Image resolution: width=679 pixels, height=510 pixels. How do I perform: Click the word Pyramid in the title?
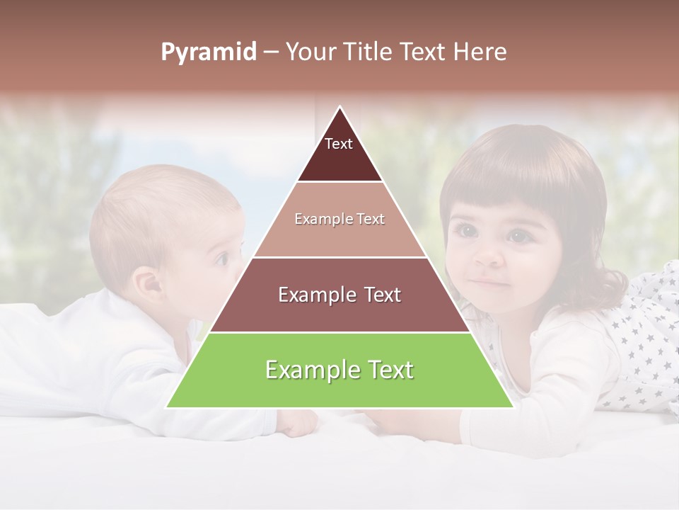[208, 52]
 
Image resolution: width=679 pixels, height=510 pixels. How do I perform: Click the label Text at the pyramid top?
[339, 144]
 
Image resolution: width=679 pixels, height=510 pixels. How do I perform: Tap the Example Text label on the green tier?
[339, 370]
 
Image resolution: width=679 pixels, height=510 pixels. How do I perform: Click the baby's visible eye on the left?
[221, 259]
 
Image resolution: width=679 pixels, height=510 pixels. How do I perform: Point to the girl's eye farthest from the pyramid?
[519, 236]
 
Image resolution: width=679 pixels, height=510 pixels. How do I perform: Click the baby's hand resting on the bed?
[297, 423]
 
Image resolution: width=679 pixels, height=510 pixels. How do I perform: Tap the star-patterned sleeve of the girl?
[644, 340]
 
